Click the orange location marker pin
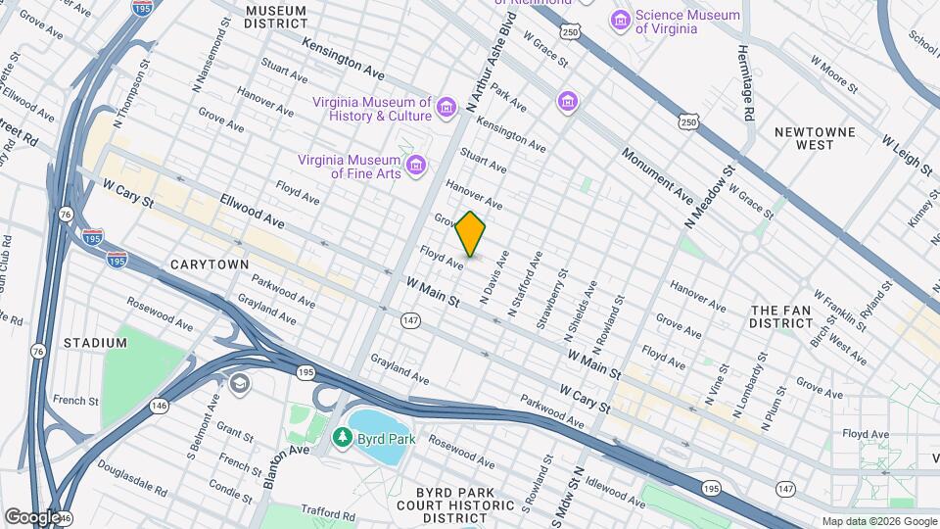471,234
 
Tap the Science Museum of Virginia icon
620,20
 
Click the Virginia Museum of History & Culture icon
446,106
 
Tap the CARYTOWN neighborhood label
210,264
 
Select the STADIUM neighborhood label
95,343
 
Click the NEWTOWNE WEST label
815,138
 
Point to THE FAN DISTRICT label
780,316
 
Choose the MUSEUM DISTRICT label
275,16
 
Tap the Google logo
31,516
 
